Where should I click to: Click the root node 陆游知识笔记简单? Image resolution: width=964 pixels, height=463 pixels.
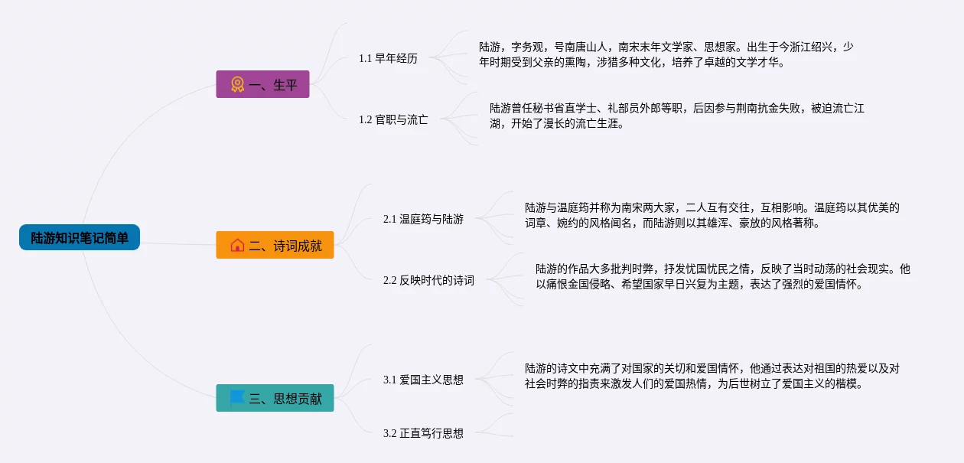(x=80, y=237)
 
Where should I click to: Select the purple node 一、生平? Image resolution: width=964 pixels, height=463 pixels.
(x=262, y=84)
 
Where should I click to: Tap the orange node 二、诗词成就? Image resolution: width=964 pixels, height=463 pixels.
(x=275, y=245)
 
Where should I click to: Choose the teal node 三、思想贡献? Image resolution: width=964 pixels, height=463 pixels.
(x=275, y=398)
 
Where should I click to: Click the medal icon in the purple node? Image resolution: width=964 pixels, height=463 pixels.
(x=237, y=84)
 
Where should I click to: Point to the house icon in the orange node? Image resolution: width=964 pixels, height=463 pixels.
(x=237, y=245)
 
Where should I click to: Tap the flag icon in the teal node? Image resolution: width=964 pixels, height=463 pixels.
(x=237, y=397)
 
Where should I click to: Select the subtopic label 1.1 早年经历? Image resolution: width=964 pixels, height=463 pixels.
(x=388, y=58)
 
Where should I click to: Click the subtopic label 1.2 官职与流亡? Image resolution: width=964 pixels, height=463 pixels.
(x=393, y=119)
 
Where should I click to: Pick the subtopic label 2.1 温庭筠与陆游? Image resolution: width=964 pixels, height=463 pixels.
(x=423, y=219)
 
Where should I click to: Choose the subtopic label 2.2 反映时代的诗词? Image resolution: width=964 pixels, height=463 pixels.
(x=428, y=280)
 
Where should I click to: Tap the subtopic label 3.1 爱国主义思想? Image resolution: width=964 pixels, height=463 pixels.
(x=423, y=380)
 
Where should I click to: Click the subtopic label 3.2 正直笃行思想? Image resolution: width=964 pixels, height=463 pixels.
(x=423, y=433)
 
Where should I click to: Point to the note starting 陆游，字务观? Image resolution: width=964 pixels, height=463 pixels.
(x=666, y=54)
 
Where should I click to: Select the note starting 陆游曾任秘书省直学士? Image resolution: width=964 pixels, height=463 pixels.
(x=676, y=116)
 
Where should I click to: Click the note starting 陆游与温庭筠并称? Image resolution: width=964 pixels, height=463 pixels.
(x=712, y=215)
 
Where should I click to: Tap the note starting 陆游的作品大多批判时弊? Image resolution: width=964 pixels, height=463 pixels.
(x=722, y=276)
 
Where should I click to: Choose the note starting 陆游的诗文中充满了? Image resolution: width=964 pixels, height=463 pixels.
(x=712, y=376)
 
